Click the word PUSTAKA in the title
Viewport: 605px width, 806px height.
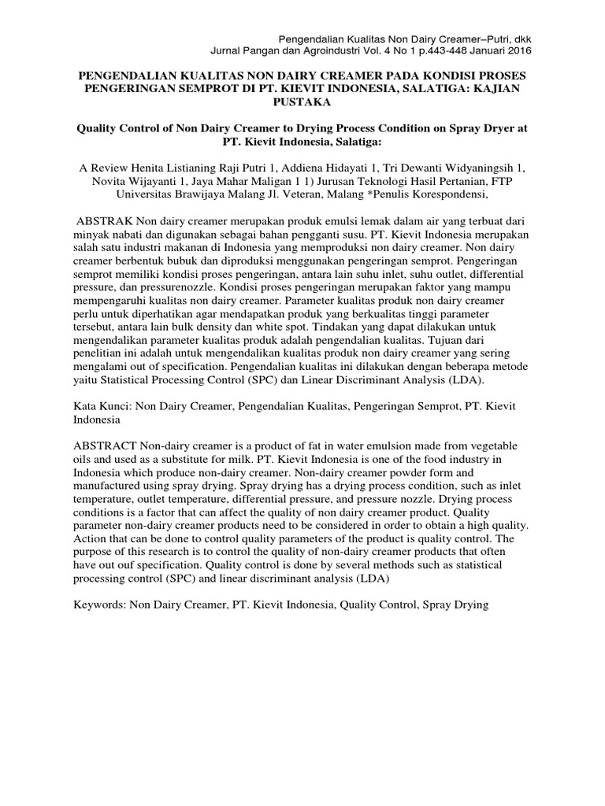point(302,102)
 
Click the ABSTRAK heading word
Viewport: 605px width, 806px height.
point(103,222)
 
